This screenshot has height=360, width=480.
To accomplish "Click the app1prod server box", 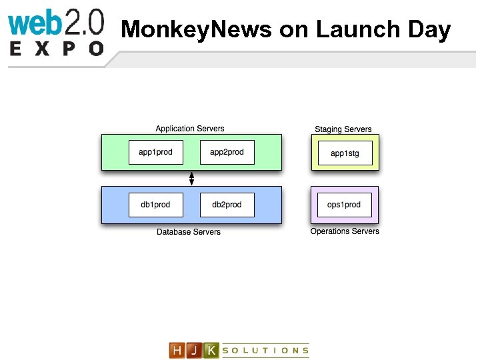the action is [155, 152].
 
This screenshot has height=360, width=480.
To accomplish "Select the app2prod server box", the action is [227, 152].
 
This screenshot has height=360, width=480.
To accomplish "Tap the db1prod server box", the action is [155, 204].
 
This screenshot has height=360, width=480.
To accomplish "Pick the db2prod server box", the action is [227, 204].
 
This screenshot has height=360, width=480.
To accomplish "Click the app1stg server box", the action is [345, 153].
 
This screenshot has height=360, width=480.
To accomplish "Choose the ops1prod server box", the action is [345, 204].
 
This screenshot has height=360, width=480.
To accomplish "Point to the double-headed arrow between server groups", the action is [191, 178].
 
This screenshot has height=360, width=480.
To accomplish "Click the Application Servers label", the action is [190, 129].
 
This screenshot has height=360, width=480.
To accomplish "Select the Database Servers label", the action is [189, 232].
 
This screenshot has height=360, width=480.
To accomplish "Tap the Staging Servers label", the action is [343, 129].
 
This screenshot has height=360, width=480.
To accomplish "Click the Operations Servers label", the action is [345, 231].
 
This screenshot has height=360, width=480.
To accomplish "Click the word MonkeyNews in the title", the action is [197, 30].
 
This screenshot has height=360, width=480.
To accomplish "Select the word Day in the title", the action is [427, 30].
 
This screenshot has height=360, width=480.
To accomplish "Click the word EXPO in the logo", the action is [57, 49].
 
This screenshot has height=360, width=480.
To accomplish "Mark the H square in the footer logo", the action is [177, 350].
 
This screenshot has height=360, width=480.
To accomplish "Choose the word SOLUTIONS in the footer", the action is [265, 350].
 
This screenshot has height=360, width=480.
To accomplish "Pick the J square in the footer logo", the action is [194, 350].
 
